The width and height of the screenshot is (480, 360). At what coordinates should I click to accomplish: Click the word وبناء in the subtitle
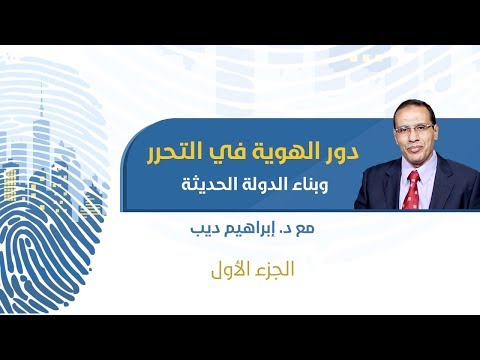tap(326, 185)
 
